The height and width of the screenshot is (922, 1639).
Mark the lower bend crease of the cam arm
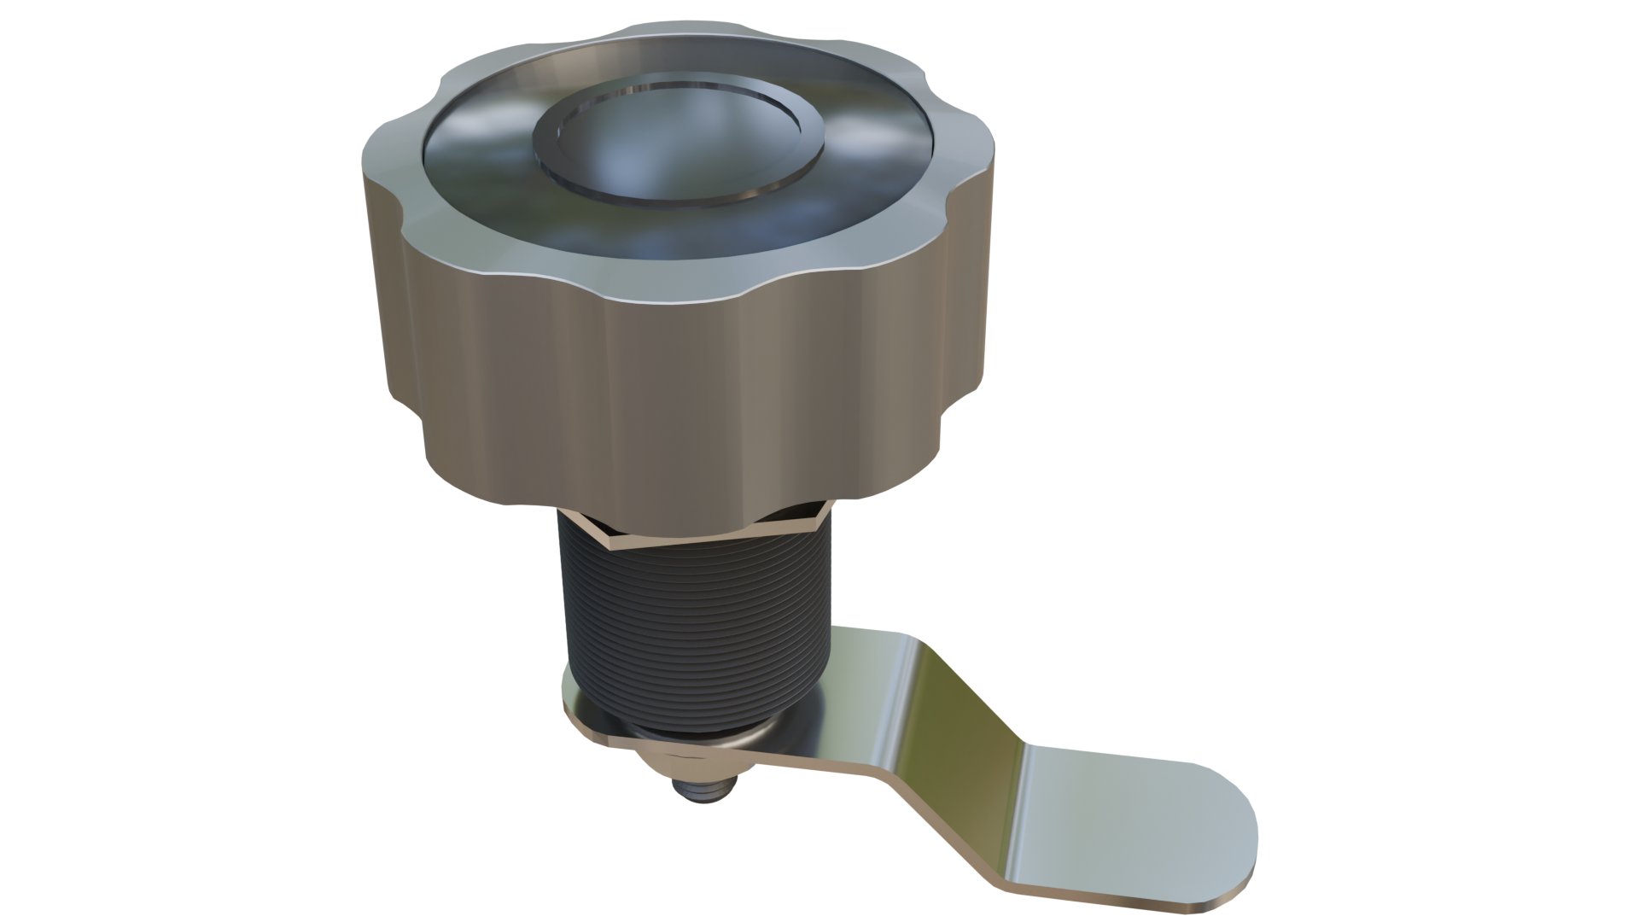(x=1020, y=760)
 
